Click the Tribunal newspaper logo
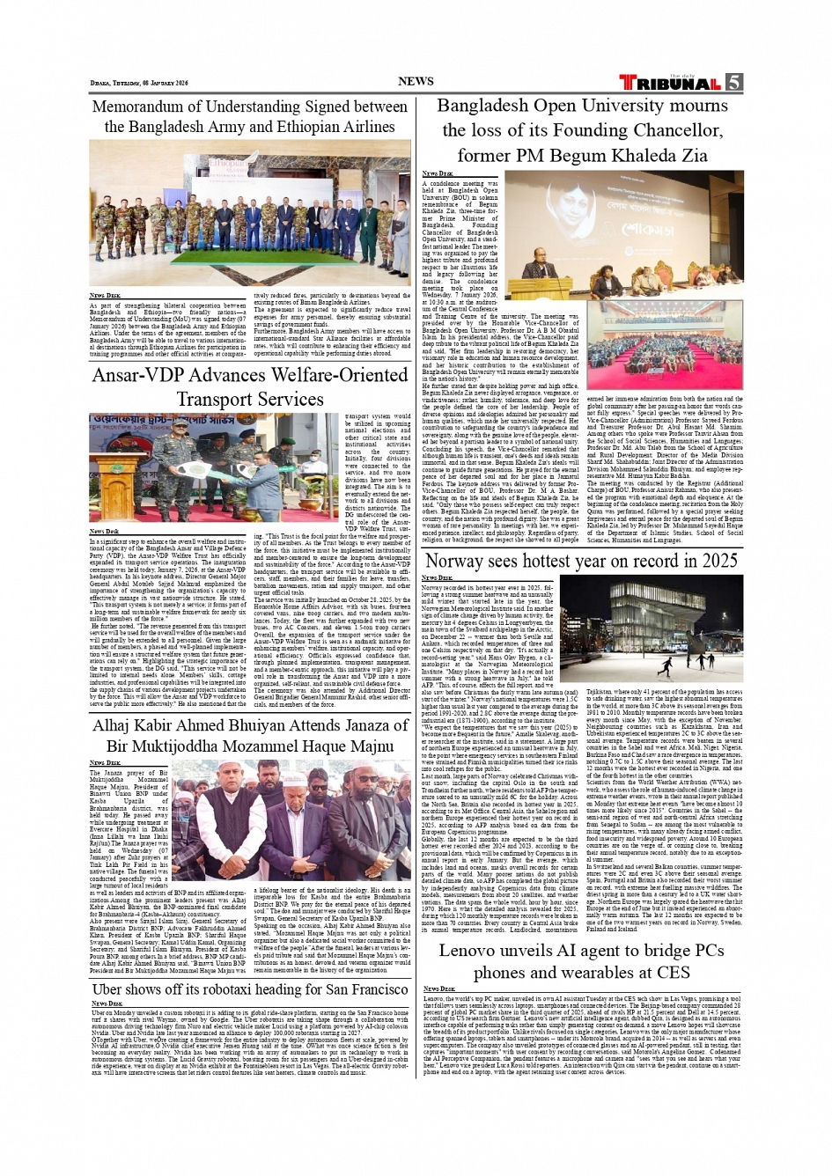(x=670, y=83)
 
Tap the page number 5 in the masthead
(x=733, y=82)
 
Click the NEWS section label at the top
(x=416, y=81)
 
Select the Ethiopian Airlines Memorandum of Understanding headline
(x=250, y=117)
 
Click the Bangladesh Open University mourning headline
(x=582, y=130)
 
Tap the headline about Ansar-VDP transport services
(x=250, y=386)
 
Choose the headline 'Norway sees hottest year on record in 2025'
(x=581, y=561)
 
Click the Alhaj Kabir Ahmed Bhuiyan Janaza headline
(x=250, y=735)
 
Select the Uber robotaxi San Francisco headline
(x=250, y=989)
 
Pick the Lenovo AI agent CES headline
(x=581, y=961)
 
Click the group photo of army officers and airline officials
(x=250, y=213)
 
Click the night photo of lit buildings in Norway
(x=651, y=627)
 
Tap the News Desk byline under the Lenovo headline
(x=439, y=989)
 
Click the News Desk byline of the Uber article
(x=107, y=1003)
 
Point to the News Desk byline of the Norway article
(x=438, y=577)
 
